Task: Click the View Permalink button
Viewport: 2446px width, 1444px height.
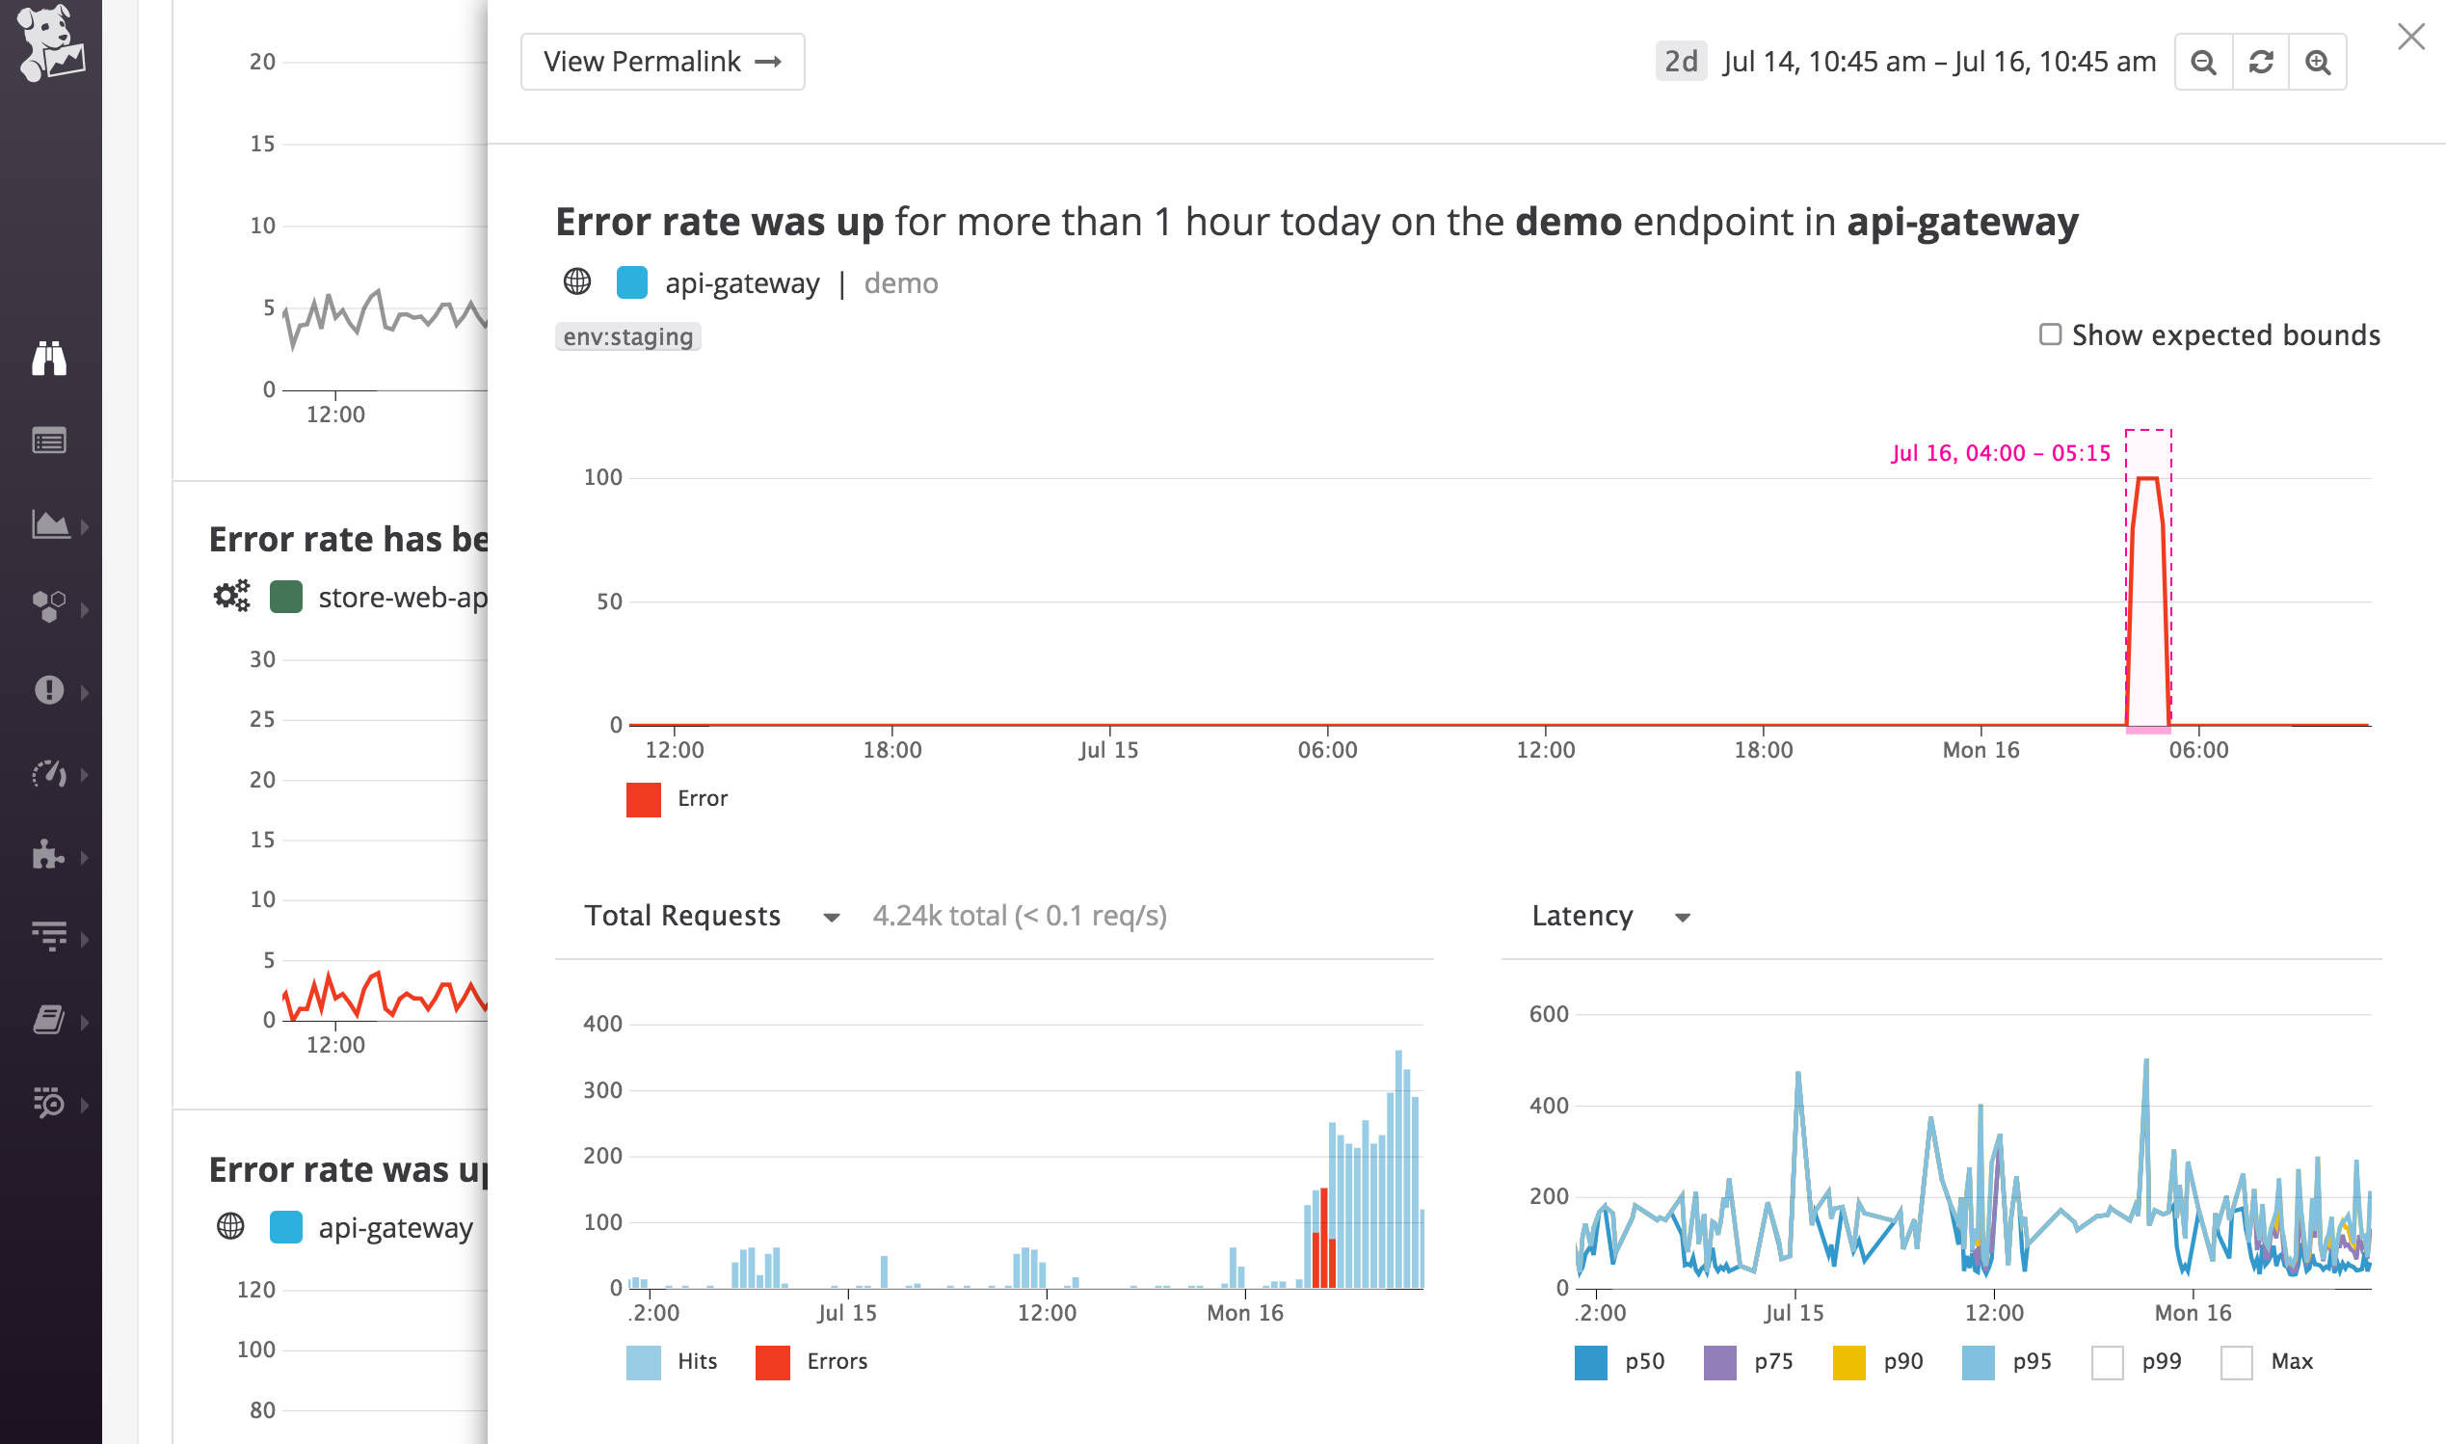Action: [662, 63]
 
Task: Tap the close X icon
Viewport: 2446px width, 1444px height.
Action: [2411, 37]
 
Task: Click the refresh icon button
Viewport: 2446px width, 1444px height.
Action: [2261, 63]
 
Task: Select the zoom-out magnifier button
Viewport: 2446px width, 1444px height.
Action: [2204, 63]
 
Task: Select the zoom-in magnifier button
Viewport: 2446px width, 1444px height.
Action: [2319, 63]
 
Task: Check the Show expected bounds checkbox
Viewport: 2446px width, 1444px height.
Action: [2050, 334]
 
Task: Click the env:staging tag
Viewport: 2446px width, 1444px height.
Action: [628, 336]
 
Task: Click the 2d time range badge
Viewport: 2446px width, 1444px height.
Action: [1681, 62]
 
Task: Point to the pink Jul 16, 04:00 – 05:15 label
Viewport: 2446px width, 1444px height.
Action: [2001, 452]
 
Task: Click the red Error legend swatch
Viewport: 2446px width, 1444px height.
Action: [644, 800]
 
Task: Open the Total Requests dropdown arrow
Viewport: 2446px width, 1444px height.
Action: [832, 918]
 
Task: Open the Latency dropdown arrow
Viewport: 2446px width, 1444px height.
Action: [1683, 918]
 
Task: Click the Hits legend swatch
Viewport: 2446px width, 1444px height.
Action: [644, 1362]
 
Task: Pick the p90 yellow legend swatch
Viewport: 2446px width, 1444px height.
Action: [1848, 1362]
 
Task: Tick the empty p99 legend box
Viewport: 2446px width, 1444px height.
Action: [2108, 1362]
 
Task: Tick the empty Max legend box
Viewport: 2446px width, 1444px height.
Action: [2237, 1362]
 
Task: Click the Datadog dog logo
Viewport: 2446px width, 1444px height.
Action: [50, 42]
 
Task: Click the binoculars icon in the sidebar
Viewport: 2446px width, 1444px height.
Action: [49, 358]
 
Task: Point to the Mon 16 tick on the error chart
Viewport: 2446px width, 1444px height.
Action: [1981, 750]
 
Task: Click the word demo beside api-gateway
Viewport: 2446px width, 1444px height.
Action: [900, 283]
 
